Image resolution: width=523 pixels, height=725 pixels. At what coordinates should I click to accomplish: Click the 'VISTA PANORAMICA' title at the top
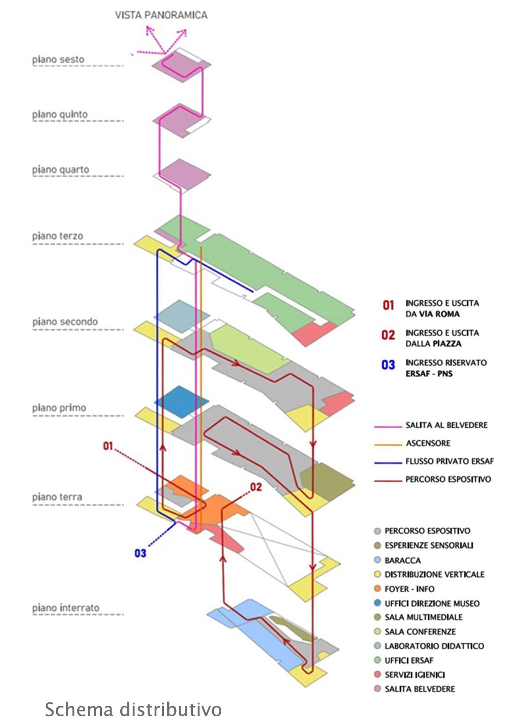tap(161, 15)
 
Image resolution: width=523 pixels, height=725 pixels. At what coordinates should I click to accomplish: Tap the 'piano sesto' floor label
tap(58, 59)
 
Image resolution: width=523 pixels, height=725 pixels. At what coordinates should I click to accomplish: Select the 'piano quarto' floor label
tap(60, 170)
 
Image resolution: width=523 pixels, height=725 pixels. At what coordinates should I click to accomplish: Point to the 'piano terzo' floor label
tap(57, 236)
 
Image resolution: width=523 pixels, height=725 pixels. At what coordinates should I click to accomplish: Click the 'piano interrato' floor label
tap(65, 608)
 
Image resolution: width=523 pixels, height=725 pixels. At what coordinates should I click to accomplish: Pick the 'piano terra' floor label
tap(57, 497)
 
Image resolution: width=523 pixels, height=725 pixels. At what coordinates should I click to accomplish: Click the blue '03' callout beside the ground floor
tap(140, 553)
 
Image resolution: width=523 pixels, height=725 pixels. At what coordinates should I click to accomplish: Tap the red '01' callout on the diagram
tap(108, 446)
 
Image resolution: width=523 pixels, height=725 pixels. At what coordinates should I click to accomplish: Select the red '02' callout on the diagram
tap(256, 487)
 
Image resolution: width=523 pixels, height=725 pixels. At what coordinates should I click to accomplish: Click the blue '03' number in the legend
tap(388, 365)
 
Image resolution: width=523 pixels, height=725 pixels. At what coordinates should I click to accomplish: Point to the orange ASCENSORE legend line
tap(388, 444)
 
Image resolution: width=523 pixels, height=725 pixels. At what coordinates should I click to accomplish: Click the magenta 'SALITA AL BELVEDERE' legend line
tap(388, 426)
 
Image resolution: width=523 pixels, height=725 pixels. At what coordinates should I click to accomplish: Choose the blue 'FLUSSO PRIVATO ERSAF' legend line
tap(388, 462)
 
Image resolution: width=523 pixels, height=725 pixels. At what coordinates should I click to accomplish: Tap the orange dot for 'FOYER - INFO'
tap(377, 588)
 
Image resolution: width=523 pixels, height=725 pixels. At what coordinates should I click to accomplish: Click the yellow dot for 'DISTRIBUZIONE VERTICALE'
tap(377, 574)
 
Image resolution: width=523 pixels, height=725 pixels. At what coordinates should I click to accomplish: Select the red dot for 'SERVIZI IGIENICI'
tap(377, 675)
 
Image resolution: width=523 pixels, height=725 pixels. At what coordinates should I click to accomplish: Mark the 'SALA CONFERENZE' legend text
tap(420, 631)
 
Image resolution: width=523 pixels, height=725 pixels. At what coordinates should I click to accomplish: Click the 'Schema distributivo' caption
tap(133, 710)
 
